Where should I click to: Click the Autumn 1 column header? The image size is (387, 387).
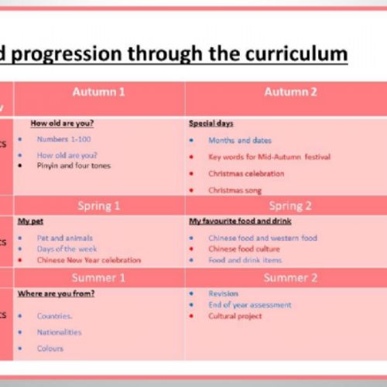pos(99,92)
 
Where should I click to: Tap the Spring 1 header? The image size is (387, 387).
pos(99,206)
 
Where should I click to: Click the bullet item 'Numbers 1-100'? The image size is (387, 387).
pos(63,139)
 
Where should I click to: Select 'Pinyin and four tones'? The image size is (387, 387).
pos(74,165)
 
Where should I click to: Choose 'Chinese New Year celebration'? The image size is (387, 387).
pos(89,260)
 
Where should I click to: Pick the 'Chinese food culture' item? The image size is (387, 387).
pos(244,249)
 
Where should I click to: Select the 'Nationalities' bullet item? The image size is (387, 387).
pos(59,332)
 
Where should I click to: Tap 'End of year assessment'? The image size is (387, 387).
pos(249,305)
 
